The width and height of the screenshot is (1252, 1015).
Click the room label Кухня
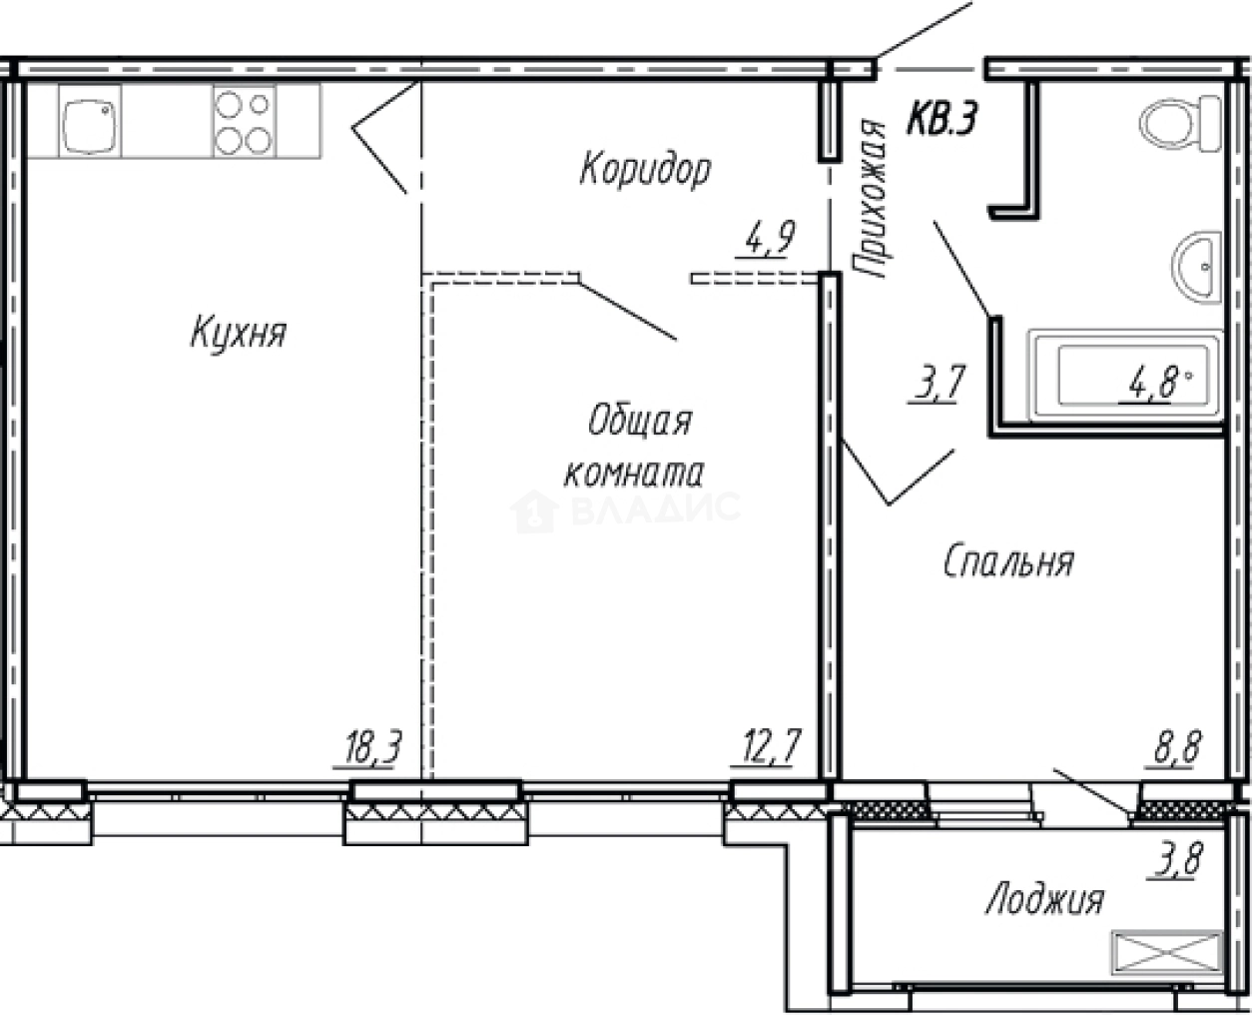click(238, 333)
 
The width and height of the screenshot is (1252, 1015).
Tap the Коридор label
click(645, 169)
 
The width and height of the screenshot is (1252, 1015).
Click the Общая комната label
click(634, 446)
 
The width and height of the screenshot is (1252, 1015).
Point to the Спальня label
click(1008, 562)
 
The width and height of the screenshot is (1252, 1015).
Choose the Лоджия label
click(1044, 899)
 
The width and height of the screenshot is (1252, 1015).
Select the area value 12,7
click(766, 747)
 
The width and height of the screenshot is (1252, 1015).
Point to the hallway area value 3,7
click(934, 385)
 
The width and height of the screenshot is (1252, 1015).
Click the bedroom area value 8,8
click(1178, 747)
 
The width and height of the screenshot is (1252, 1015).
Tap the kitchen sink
click(90, 121)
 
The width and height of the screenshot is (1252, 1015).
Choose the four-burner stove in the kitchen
click(243, 121)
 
